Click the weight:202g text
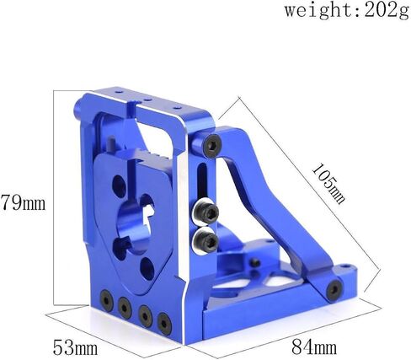click(x=347, y=11)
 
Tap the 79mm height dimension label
click(x=23, y=202)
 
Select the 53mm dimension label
click(x=76, y=347)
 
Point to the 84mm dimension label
click(x=314, y=347)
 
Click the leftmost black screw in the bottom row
click(x=107, y=301)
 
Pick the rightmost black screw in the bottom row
click(x=164, y=324)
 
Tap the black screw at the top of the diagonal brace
click(x=212, y=145)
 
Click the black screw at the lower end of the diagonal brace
click(x=334, y=290)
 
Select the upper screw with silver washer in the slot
click(x=205, y=212)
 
